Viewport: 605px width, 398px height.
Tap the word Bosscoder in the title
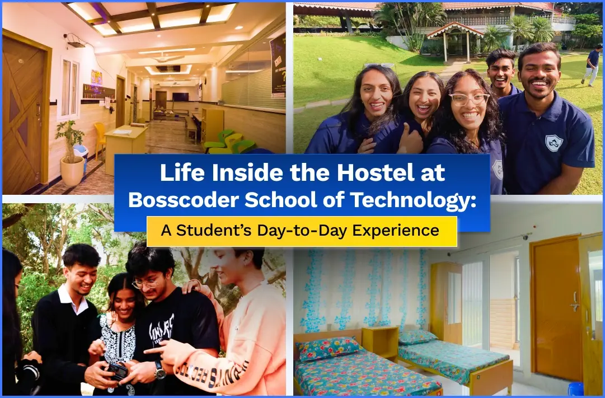point(183,200)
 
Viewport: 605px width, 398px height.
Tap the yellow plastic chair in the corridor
point(99,139)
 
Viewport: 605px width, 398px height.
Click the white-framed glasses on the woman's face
point(468,99)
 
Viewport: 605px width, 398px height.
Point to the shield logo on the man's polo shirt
point(554,143)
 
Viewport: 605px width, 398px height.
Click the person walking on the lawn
point(592,64)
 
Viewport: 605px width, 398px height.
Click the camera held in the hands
point(116,371)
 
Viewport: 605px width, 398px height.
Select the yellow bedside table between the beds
point(380,343)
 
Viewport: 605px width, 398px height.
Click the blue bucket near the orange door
point(576,388)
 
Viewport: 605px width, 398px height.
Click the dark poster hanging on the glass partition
point(278,65)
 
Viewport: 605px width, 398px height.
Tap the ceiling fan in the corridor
point(168,58)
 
